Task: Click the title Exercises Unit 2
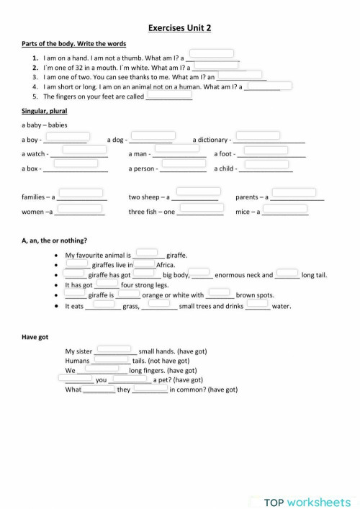tap(179, 28)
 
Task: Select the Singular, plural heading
tap(42, 111)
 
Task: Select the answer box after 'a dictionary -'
tap(257, 136)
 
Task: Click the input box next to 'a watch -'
tap(84, 150)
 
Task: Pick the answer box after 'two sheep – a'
tap(199, 192)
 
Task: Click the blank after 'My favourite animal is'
tap(149, 251)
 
